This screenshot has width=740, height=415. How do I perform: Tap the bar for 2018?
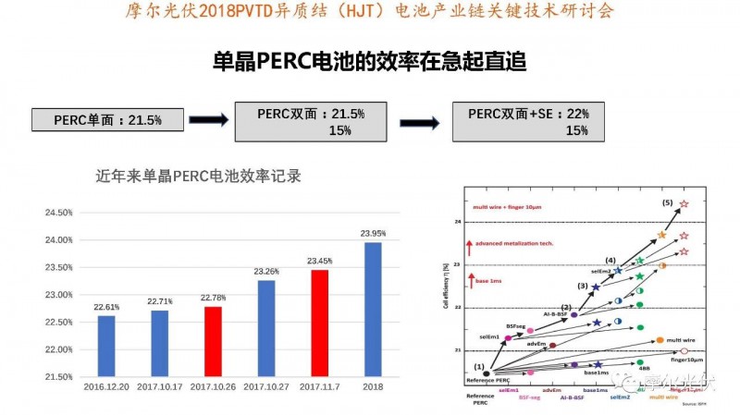[x=373, y=310]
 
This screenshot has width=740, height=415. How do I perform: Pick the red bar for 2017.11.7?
[x=319, y=323]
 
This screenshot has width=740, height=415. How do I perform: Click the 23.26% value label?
[x=265, y=271]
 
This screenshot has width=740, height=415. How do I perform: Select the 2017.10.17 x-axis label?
[x=159, y=386]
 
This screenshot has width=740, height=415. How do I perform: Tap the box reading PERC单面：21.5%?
[x=107, y=120]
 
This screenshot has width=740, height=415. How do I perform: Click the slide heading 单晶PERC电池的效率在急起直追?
[x=369, y=62]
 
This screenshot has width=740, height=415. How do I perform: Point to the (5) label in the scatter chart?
[x=667, y=202]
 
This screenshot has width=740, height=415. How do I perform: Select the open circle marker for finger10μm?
[x=684, y=351]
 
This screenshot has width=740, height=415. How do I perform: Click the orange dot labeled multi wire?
[x=659, y=340]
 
